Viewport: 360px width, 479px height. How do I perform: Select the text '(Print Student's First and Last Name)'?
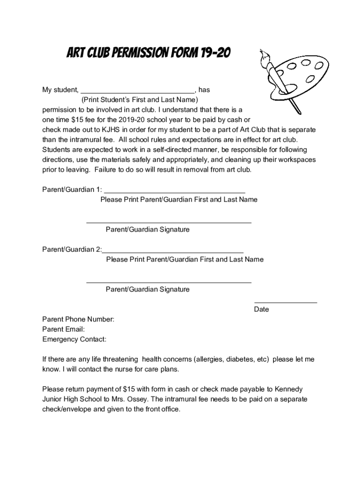coord(140,100)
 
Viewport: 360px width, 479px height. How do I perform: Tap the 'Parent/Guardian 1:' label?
coord(72,189)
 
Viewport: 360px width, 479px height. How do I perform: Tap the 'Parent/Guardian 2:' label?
coord(72,249)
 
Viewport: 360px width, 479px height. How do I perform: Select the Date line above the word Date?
coord(285,302)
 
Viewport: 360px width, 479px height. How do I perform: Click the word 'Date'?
coord(261,309)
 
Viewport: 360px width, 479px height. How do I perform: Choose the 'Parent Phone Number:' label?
coord(78,319)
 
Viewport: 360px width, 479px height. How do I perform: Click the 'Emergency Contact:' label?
coord(74,339)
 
